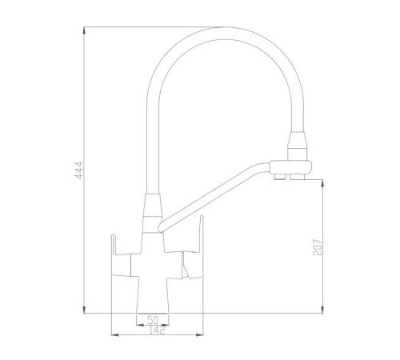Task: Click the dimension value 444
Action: (79, 170)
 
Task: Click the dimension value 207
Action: (318, 247)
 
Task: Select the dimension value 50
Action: (153, 319)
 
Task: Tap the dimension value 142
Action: (157, 330)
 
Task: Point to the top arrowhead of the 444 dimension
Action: (84, 30)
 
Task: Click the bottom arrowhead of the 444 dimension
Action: (84, 310)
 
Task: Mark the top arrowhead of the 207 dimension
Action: (322, 183)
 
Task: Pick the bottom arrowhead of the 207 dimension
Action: (322, 310)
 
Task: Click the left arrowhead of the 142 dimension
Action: (114, 334)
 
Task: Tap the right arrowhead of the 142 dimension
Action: (199, 334)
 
